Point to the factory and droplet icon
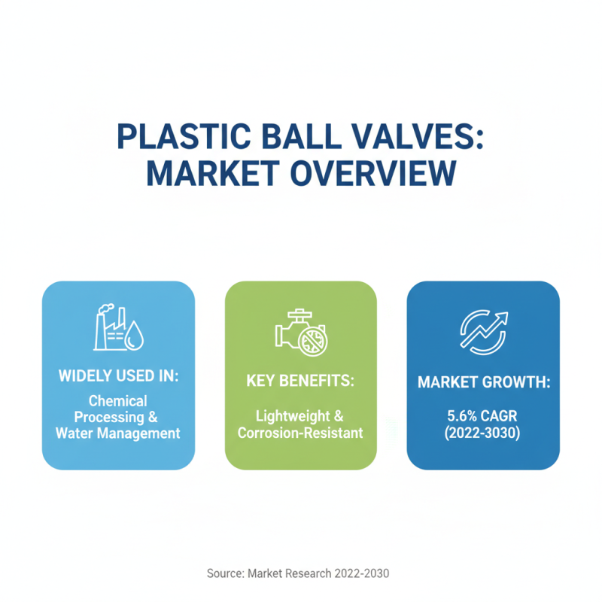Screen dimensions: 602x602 coord(119,329)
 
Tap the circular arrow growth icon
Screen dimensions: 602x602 coord(483,332)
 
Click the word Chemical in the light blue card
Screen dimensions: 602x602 coord(117,401)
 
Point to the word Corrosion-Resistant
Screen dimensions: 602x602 coord(300,433)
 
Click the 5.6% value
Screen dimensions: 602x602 coord(458,415)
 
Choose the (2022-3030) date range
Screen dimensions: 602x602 coord(483,433)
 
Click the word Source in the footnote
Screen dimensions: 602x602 coord(224,573)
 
